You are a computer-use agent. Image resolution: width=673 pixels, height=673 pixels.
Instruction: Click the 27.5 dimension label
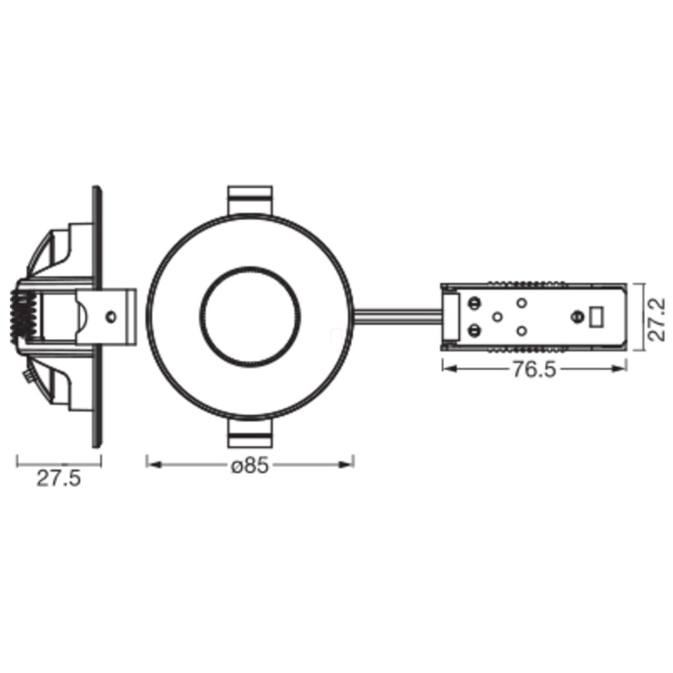tap(59, 478)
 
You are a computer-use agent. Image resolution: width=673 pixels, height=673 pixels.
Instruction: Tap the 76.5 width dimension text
tap(534, 370)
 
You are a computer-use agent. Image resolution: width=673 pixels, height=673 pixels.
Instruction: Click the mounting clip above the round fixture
tap(250, 200)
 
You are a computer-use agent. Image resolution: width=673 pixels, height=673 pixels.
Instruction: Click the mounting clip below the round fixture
tap(250, 433)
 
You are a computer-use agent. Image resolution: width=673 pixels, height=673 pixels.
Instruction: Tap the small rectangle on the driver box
tap(596, 317)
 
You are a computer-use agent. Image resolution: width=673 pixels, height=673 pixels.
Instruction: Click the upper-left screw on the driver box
tap(474, 302)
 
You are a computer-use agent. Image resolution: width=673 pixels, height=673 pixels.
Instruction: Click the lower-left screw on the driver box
tap(474, 330)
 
